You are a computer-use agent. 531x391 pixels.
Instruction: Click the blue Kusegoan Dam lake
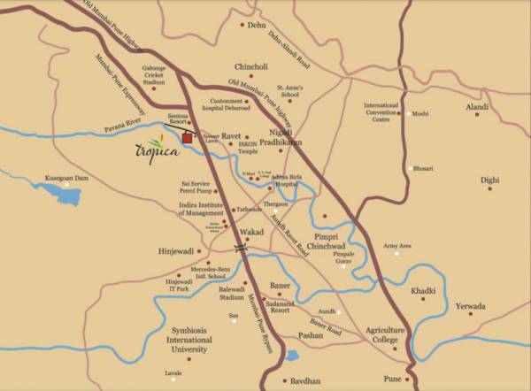(66, 194)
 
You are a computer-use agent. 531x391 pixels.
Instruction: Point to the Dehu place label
(257, 27)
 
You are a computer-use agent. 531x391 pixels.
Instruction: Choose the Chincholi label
(250, 67)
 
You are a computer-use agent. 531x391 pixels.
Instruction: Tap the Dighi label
(489, 180)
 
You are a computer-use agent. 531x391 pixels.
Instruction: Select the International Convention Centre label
(381, 111)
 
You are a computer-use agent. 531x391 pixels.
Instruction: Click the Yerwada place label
(470, 307)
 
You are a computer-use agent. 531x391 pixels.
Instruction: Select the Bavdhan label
(307, 381)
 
